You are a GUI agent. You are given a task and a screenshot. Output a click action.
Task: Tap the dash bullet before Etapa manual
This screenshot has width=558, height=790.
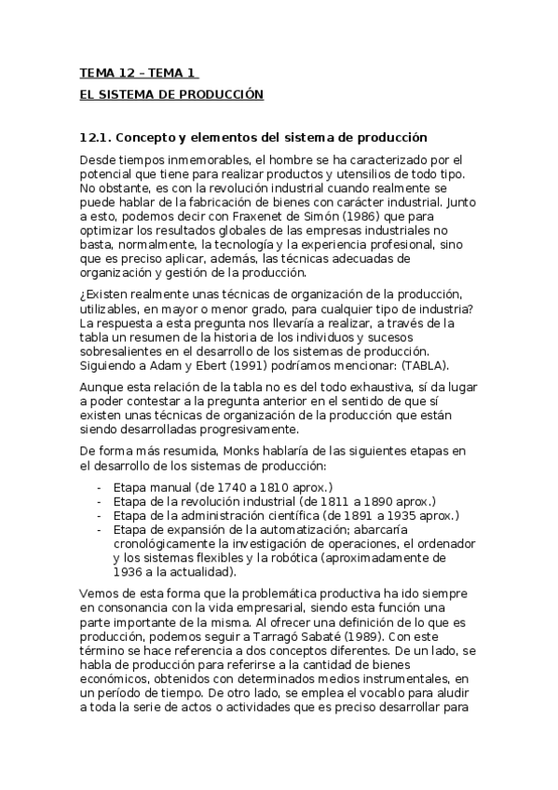click(100, 487)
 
